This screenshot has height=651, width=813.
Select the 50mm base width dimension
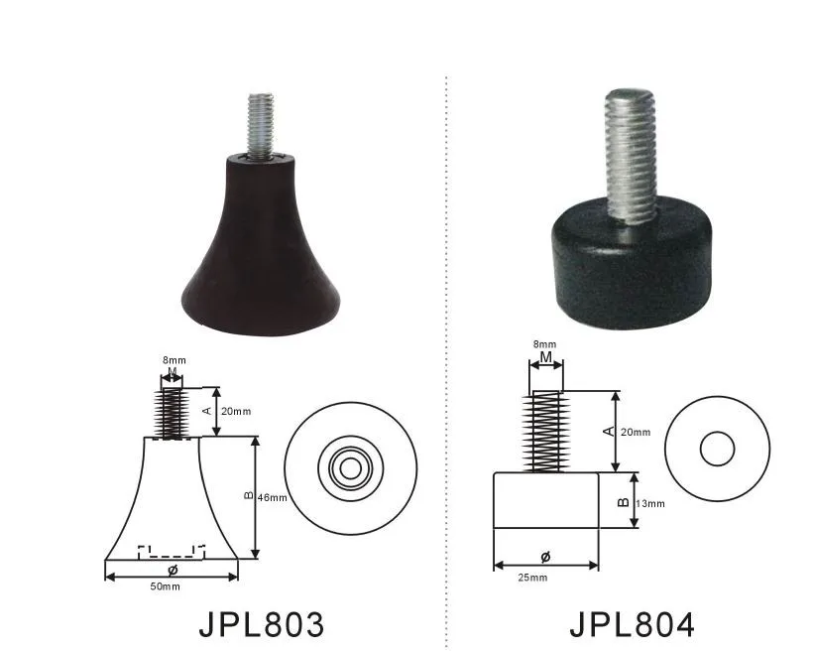(x=166, y=587)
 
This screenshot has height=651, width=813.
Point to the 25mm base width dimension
(x=531, y=578)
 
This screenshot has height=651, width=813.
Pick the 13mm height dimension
(x=650, y=503)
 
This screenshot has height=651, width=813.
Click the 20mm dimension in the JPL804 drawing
(x=637, y=432)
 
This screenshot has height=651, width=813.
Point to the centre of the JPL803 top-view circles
(x=349, y=464)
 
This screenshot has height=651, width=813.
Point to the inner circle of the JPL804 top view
(x=717, y=449)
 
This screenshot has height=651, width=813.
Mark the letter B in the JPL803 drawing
(x=247, y=496)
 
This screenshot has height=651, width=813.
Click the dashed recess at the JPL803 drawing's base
(x=171, y=549)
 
